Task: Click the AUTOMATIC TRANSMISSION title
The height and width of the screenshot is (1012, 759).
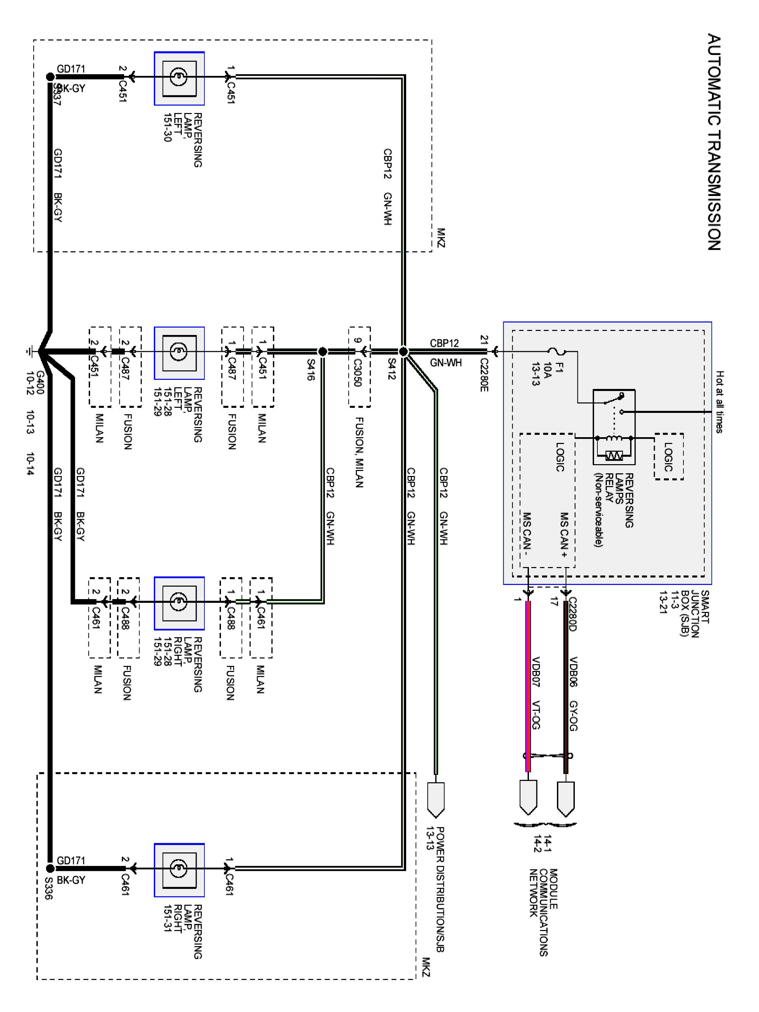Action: click(x=714, y=142)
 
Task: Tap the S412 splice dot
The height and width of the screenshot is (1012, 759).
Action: click(x=403, y=352)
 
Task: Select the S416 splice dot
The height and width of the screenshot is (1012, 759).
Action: click(x=322, y=352)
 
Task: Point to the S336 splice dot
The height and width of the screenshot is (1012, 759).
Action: click(x=50, y=868)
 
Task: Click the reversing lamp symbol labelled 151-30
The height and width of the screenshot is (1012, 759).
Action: click(x=179, y=78)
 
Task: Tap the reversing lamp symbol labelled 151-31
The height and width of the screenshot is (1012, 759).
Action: click(x=179, y=870)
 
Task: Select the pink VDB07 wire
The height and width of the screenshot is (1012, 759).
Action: click(x=528, y=686)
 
